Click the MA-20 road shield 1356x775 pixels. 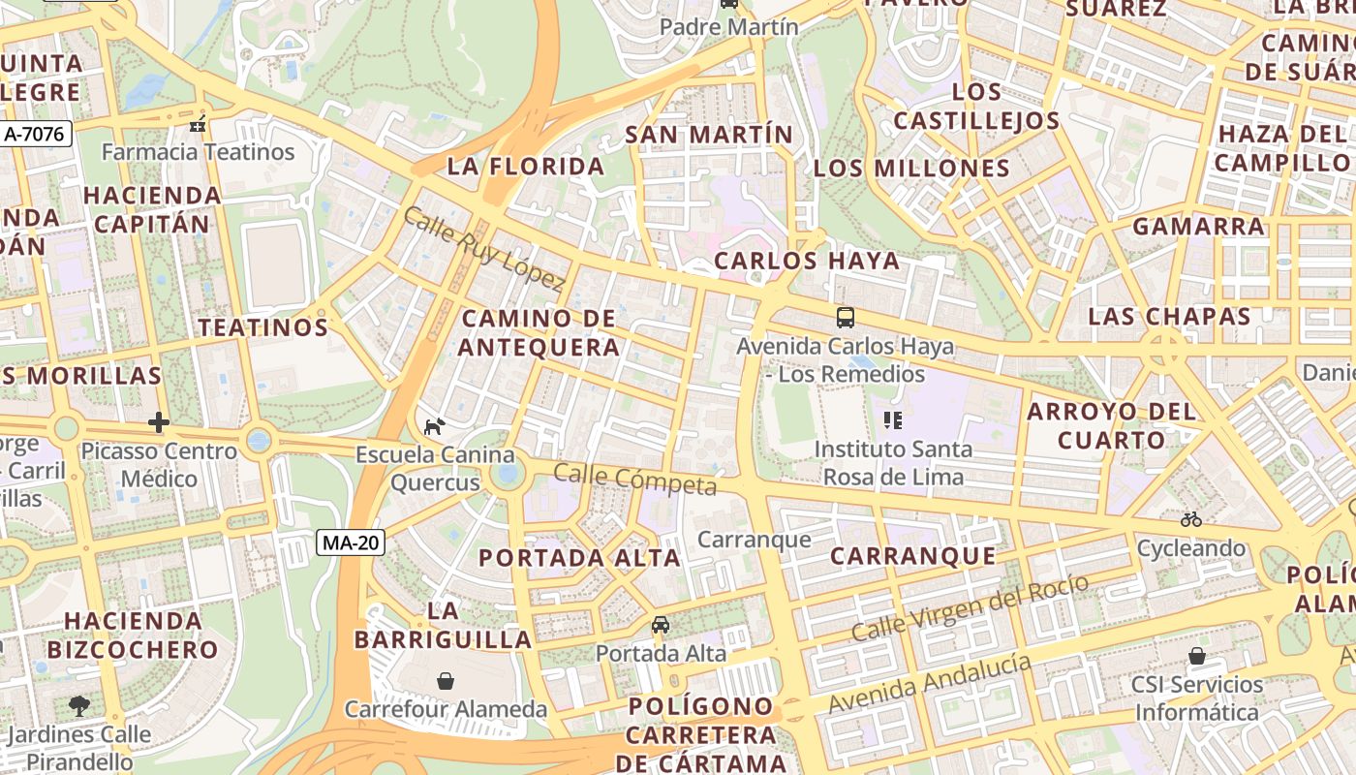click(351, 543)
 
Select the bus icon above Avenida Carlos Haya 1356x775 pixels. click(846, 317)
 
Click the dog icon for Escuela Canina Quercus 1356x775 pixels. click(435, 425)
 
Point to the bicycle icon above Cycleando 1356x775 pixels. click(1191, 519)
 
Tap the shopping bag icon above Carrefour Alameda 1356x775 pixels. click(446, 681)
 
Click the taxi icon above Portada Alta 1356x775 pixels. click(661, 625)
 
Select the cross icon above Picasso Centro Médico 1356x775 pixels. click(159, 422)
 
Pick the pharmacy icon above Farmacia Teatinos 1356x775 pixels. click(199, 124)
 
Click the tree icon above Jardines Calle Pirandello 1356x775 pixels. click(79, 705)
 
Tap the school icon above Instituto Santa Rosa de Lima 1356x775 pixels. click(893, 420)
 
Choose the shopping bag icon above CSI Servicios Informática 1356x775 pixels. click(1197, 656)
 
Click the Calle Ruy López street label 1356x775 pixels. click(483, 249)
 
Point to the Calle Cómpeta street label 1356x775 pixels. click(634, 479)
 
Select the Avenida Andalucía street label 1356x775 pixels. click(930, 683)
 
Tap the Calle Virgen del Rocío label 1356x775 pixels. click(971, 607)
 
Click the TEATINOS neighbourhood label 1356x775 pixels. click(263, 327)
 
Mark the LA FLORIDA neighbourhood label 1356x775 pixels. click(526, 167)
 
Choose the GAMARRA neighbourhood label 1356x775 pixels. click(1199, 227)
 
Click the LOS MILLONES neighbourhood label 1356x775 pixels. click(911, 169)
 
